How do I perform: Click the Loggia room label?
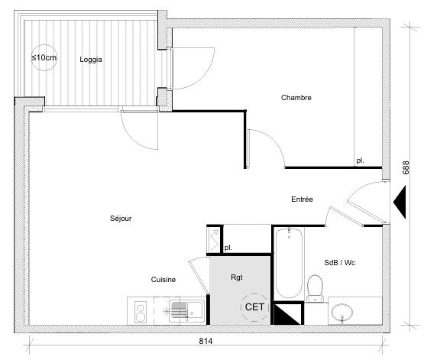[x=91, y=60]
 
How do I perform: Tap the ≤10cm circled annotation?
[x=44, y=57]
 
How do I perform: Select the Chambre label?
[x=296, y=97]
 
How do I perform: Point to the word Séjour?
[x=121, y=219]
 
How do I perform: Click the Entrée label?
[x=302, y=199]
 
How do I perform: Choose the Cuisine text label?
[x=163, y=280]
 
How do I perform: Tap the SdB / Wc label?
[x=340, y=262]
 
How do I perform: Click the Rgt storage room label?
[x=237, y=277]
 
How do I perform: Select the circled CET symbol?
[x=254, y=307]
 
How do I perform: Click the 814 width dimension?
[x=206, y=342]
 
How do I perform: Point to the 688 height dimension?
[x=406, y=167]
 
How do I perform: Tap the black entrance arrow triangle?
[x=400, y=202]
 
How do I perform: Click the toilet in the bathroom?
[x=315, y=289]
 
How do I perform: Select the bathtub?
[x=289, y=263]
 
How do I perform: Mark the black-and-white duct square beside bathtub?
[x=288, y=313]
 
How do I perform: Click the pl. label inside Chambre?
[x=360, y=161]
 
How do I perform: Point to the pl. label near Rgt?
[x=228, y=248]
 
